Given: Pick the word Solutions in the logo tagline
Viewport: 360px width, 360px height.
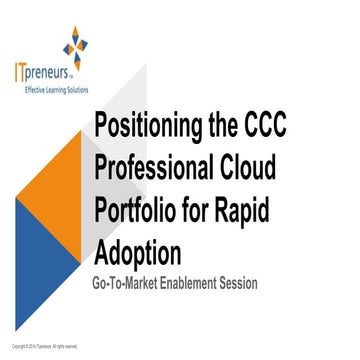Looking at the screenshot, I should (x=78, y=89).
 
